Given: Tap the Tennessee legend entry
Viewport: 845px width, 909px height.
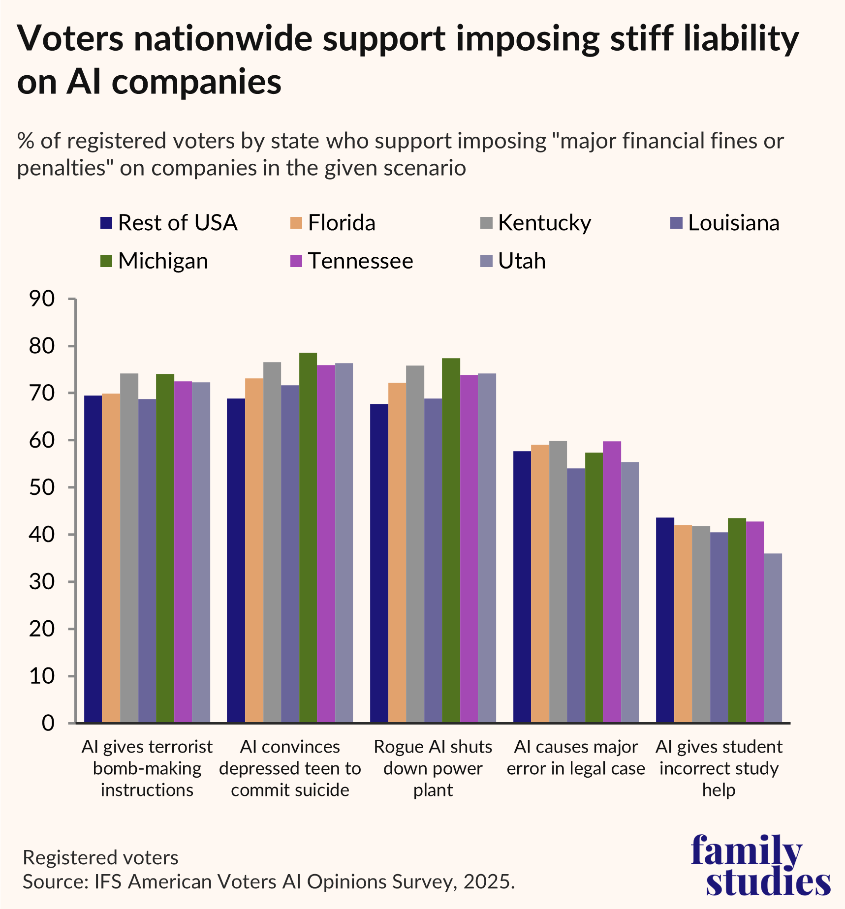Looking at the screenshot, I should tap(360, 261).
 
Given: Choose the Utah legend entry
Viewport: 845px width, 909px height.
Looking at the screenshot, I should tap(522, 261).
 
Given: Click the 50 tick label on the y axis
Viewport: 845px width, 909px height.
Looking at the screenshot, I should tap(41, 487).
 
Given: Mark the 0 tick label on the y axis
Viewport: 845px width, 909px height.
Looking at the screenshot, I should tap(48, 723).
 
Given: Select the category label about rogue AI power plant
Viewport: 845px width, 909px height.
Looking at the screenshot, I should tap(433, 768).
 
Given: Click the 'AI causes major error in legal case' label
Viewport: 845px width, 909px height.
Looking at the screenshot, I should tap(576, 758).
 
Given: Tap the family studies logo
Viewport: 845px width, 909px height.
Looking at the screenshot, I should tap(760, 866).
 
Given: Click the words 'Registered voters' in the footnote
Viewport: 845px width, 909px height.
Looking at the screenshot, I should tap(101, 858).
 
